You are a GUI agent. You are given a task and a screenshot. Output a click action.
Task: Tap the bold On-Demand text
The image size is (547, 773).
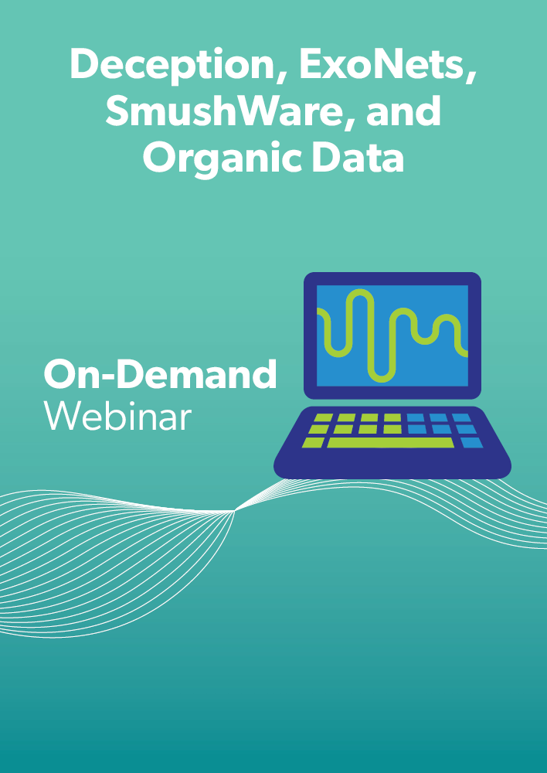coord(160,374)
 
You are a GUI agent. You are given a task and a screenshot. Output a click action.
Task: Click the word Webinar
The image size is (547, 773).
coord(117,417)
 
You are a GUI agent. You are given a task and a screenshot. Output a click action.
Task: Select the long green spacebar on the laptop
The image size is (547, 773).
coord(390,442)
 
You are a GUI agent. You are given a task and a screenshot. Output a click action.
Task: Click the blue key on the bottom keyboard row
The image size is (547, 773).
coord(471,442)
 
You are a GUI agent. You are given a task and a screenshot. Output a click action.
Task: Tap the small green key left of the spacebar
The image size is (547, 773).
coord(314,442)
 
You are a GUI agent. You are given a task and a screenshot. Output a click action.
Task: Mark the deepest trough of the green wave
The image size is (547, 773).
coord(382,379)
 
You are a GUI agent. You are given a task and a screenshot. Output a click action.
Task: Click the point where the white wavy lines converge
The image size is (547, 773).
coord(235,511)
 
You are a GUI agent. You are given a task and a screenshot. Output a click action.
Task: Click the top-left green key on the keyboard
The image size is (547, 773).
coord(324,417)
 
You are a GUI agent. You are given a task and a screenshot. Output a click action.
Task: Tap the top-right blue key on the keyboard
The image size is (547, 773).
coord(461,417)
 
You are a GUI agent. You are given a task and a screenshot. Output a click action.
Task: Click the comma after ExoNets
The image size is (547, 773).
coord(470,80)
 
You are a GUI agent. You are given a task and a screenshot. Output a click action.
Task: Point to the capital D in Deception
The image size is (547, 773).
coord(86,65)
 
